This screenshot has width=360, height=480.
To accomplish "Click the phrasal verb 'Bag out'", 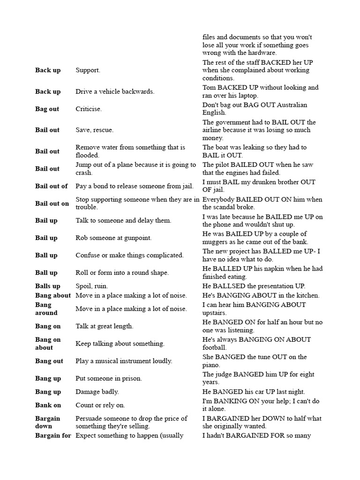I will pyautogui.click(x=47, y=109).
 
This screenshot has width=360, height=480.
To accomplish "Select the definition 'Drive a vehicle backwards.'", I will pyautogui.click(x=115, y=91).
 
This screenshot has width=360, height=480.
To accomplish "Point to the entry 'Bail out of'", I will pyautogui.click(x=51, y=186).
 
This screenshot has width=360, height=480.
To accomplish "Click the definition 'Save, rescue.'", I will pyautogui.click(x=94, y=130).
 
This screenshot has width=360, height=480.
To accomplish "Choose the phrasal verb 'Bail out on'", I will pyautogui.click(x=52, y=203).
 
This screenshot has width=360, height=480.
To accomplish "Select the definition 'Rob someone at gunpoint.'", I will pyautogui.click(x=113, y=238).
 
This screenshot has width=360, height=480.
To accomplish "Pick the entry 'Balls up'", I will pyautogui.click(x=47, y=286).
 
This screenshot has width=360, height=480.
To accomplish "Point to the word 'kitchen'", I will pyautogui.click(x=306, y=295).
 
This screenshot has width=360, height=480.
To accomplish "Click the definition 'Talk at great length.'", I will pyautogui.click(x=105, y=326).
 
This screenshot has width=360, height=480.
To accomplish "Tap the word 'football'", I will pyautogui.click(x=214, y=348).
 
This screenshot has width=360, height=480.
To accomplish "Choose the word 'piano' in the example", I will pyautogui.click(x=211, y=365).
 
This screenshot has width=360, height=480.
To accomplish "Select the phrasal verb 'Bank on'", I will pyautogui.click(x=48, y=405).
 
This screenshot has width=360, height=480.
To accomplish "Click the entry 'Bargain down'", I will pyautogui.click(x=47, y=422).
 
